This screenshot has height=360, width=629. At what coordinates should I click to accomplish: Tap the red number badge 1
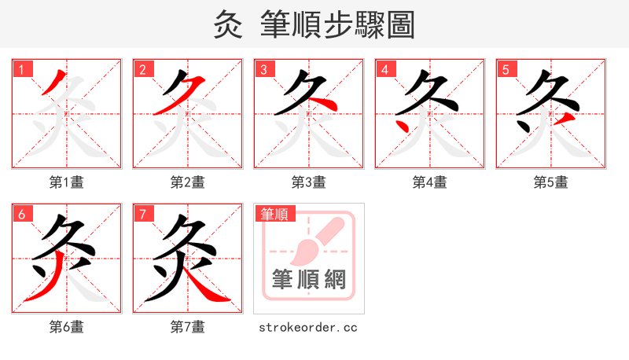coord(21,69)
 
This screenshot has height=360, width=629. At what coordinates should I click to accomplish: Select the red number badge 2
coord(142,69)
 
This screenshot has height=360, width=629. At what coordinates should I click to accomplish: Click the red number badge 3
coord(263,69)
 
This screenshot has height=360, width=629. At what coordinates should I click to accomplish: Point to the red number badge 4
coord(384,69)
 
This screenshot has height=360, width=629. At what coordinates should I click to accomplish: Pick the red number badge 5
coord(506,69)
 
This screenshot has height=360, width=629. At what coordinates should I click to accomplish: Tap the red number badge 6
coord(21,214)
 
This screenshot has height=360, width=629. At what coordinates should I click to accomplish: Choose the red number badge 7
coord(142,214)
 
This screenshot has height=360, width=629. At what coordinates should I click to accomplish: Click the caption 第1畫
coord(67,182)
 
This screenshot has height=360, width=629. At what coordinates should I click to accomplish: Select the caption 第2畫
coord(188,182)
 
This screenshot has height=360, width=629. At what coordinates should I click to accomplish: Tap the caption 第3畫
coord(309,182)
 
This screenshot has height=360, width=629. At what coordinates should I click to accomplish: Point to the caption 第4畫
coord(430,182)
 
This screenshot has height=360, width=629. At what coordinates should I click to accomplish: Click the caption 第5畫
coord(551,182)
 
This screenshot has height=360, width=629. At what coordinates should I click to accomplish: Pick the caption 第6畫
coord(67,327)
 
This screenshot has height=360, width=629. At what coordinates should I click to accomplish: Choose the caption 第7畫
coord(188,327)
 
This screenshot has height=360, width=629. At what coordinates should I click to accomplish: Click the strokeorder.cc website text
coord(308,327)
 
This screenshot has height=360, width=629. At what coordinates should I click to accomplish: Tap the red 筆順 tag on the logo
coord(274,214)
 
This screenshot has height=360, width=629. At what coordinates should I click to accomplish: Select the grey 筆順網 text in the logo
coord(309,279)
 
